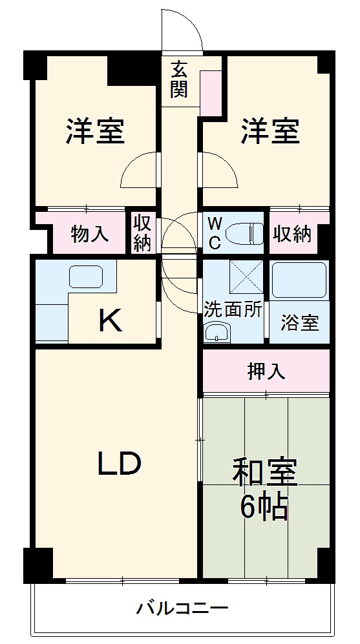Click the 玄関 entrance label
[x=179, y=79]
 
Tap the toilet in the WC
[x=248, y=231]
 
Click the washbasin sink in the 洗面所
[x=217, y=333]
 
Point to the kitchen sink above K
[x=85, y=277]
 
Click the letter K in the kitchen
[x=111, y=320]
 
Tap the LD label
[x=120, y=463]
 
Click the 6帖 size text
[x=264, y=508]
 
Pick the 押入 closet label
[x=266, y=372]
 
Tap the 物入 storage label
[x=90, y=234]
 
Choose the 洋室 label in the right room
[x=270, y=131]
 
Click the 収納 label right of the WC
[x=293, y=234]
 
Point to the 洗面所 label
[x=233, y=309]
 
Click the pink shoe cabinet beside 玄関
[x=210, y=93]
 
